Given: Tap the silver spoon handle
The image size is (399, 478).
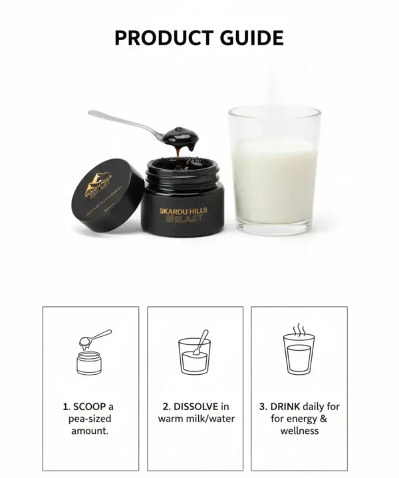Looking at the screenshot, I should click(123, 121).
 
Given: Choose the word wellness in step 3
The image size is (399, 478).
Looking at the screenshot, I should click(299, 431).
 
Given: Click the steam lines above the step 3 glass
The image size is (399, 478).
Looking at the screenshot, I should click(299, 330).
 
